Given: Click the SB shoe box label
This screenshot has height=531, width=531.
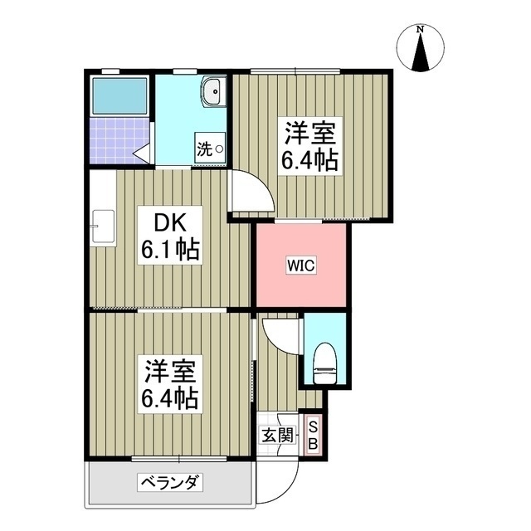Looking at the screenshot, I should click(x=313, y=436).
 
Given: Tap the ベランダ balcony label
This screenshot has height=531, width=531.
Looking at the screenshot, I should click(x=171, y=482).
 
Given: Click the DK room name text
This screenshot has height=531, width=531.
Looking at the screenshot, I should click(x=169, y=222).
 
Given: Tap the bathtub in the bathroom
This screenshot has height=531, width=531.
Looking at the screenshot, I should click(x=119, y=96).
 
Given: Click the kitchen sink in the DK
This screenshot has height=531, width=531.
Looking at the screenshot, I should click(x=103, y=224).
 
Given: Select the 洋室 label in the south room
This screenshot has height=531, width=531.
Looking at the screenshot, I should click(x=168, y=370).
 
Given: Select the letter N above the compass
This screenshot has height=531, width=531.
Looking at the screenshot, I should click(x=421, y=30).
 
